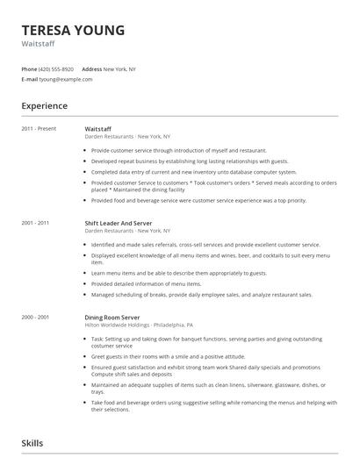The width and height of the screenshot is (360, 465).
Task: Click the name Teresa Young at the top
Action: tap(73, 30)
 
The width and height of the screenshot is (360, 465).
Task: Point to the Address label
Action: tap(92, 68)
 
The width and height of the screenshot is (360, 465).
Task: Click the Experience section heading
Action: tap(44, 105)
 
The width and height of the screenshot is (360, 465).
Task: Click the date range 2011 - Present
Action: tap(39, 129)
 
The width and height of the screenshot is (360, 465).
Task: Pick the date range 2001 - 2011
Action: tap(36, 223)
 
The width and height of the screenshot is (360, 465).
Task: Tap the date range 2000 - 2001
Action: tap(36, 316)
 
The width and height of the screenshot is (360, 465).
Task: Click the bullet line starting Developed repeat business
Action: tap(189, 161)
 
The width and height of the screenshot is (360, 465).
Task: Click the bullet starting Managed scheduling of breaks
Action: tap(201, 294)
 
